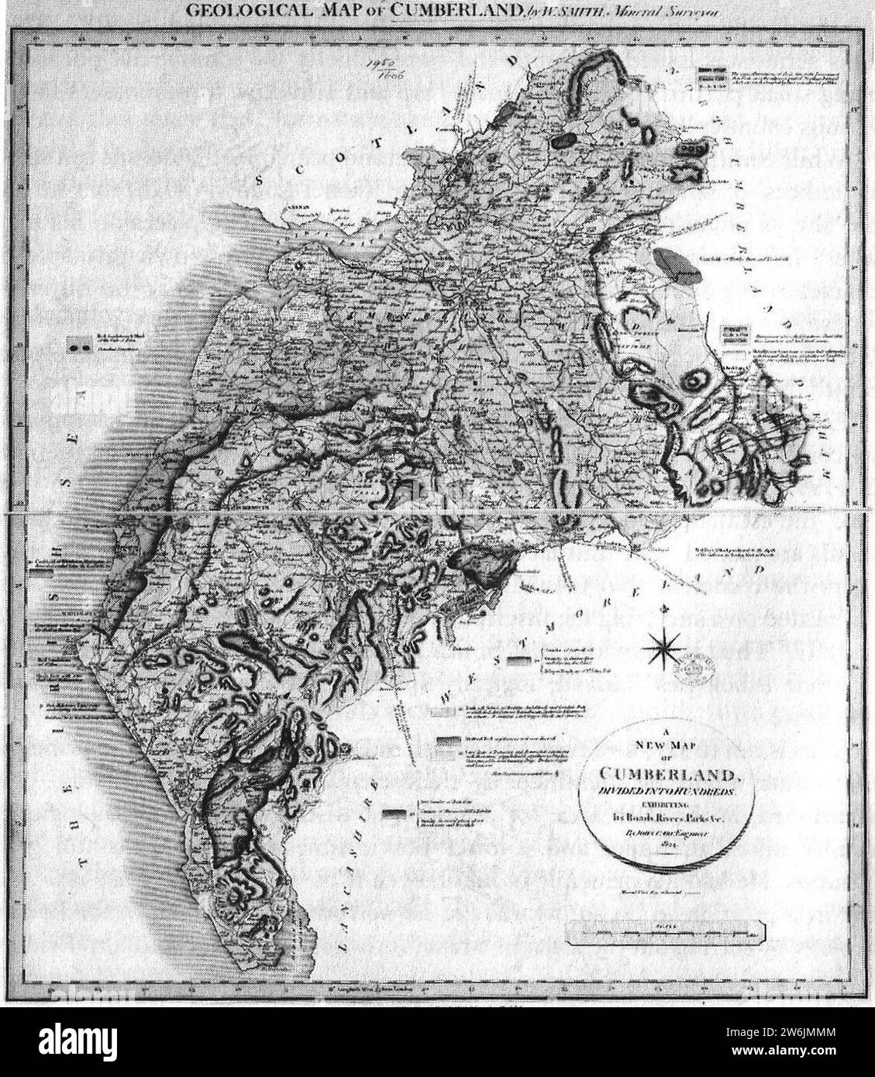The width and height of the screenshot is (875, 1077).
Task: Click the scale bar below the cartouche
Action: point(666,931)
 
